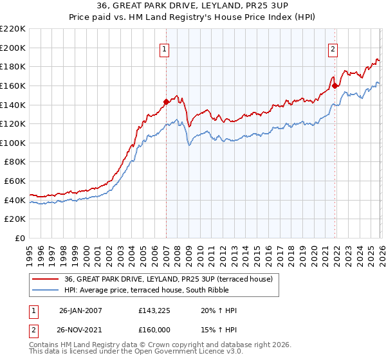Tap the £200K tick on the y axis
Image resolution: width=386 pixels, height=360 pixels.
[13, 48]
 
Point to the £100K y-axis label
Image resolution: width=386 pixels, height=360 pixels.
[13, 143]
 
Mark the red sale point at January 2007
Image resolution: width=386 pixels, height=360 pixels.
[166, 101]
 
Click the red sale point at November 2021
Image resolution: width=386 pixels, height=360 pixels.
[335, 85]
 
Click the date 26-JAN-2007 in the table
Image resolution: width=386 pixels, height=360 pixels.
[81, 310]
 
